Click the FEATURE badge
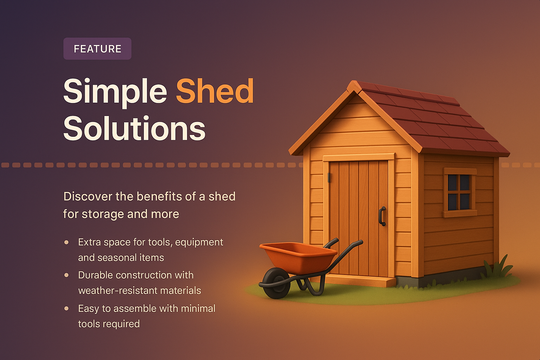[97, 49]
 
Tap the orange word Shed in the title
[215, 91]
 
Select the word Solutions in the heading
[134, 128]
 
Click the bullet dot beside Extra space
[66, 242]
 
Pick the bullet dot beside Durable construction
[66, 275]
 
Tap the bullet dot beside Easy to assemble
[66, 308]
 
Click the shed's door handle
[382, 216]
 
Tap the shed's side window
[459, 192]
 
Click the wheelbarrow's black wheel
[277, 283]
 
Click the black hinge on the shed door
[329, 178]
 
